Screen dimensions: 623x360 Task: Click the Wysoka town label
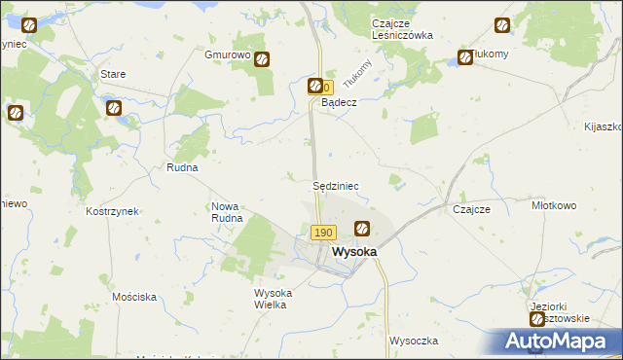354,251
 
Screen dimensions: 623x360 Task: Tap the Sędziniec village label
338,185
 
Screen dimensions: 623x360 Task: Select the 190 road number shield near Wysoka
324,233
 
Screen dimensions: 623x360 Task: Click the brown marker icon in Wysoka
361,229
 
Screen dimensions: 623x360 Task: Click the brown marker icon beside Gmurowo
262,58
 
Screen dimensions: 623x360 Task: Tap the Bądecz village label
340,102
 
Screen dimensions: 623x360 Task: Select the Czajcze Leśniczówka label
401,30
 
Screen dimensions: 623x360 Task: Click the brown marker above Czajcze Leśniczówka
501,25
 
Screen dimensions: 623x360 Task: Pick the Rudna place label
182,167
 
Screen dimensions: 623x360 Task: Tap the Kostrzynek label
113,211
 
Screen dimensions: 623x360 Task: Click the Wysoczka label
414,341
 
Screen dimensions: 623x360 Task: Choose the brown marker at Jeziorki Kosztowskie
536,319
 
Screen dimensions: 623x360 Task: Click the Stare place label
114,73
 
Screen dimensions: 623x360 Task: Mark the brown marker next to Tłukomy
465,58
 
